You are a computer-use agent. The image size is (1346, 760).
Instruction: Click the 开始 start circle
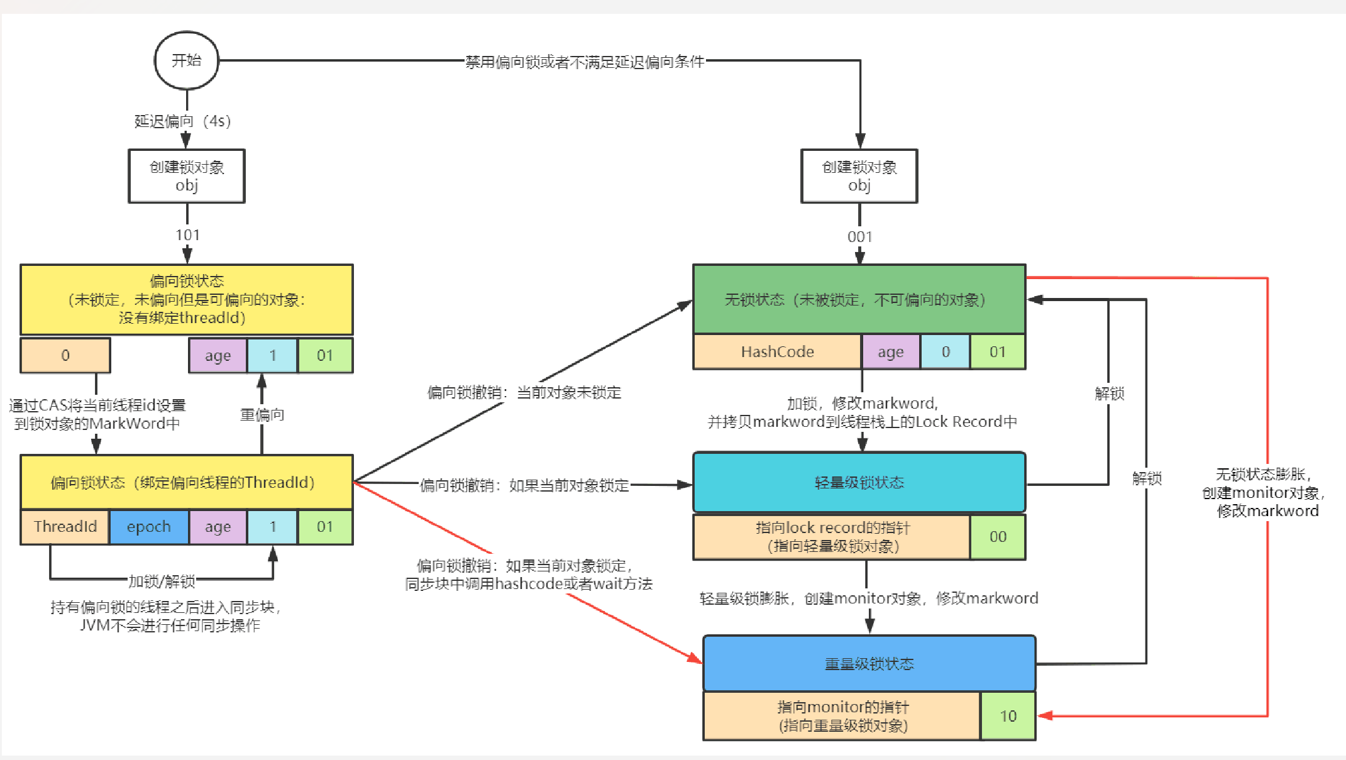[x=187, y=60]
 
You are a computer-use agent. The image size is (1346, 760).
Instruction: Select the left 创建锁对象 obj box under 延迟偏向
[x=187, y=176]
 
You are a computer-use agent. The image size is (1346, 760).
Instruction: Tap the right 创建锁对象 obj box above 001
[x=859, y=176]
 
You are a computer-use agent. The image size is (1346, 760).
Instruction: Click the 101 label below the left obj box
[x=187, y=235]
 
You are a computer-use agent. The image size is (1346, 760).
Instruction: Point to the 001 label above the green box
[x=859, y=237]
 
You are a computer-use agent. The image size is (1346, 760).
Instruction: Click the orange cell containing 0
[x=65, y=355]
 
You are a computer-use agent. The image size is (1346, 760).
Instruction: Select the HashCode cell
[x=777, y=351]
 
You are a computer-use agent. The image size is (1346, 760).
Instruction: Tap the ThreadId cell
[x=65, y=527]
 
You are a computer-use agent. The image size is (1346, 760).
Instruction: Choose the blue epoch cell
[x=149, y=527]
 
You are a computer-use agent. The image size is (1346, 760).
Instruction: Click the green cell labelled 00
[x=998, y=537]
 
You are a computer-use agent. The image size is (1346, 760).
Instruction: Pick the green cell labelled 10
[x=1008, y=716]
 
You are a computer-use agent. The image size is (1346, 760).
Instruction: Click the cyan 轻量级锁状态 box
[x=859, y=482]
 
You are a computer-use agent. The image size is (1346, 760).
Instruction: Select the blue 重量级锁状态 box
[x=869, y=664]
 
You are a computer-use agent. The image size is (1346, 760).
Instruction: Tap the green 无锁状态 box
[x=859, y=299]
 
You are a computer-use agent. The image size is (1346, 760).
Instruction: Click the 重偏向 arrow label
[x=262, y=415]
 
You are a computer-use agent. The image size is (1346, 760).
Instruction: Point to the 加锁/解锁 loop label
[x=162, y=581]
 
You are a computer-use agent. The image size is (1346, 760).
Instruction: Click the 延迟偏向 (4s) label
[x=182, y=121]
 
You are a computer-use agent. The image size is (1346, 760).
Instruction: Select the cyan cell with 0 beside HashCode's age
[x=946, y=351]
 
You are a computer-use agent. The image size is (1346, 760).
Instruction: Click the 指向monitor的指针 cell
[x=842, y=716]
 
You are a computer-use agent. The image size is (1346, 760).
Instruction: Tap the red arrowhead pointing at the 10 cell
[x=1045, y=715]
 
